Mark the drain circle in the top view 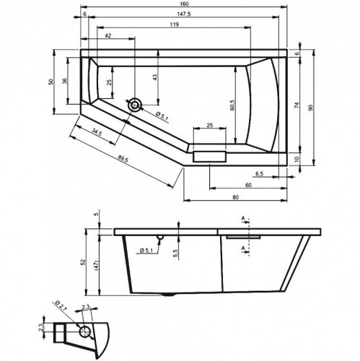click(x=135, y=105)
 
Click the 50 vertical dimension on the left click(x=51, y=82)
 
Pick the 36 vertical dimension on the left click(x=64, y=81)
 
